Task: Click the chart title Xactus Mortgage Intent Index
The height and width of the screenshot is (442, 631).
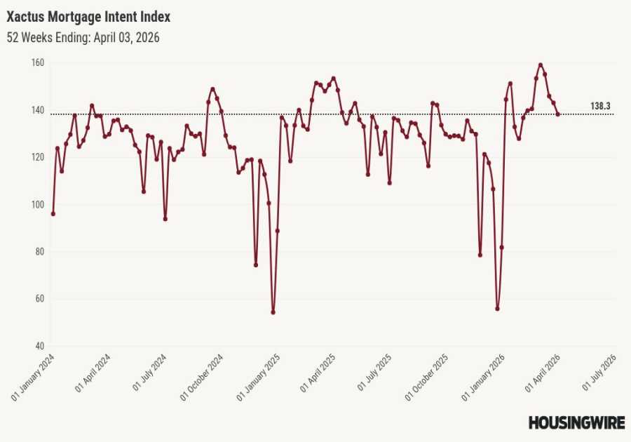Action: pyautogui.click(x=88, y=15)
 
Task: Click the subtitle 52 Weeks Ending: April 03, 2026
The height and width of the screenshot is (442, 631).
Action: pyautogui.click(x=83, y=38)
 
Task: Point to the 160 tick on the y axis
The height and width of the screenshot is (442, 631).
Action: pyautogui.click(x=38, y=63)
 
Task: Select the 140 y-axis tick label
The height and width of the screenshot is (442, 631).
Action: pyautogui.click(x=38, y=110)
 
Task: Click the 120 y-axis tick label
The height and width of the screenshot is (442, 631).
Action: pyautogui.click(x=38, y=157)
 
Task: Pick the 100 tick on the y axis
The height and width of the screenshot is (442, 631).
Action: pyautogui.click(x=38, y=204)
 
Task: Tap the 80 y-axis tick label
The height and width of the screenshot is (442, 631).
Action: pyautogui.click(x=39, y=252)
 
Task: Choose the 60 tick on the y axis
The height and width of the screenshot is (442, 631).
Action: pyautogui.click(x=39, y=299)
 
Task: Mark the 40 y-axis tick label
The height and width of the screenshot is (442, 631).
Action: pyautogui.click(x=39, y=346)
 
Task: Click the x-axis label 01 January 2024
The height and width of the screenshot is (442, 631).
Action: pyautogui.click(x=34, y=377)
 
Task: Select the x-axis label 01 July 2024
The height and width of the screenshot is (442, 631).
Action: pyautogui.click(x=147, y=377)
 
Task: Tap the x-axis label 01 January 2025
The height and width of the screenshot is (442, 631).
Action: pyautogui.click(x=260, y=377)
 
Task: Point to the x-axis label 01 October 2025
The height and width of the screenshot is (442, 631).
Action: pyautogui.click(x=428, y=377)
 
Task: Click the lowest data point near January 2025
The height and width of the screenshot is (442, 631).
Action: pyautogui.click(x=273, y=312)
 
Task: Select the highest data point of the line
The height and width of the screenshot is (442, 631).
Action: pyautogui.click(x=540, y=65)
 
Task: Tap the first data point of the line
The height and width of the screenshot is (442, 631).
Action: pyautogui.click(x=53, y=213)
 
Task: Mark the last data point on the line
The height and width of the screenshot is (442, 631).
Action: pyautogui.click(x=558, y=114)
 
